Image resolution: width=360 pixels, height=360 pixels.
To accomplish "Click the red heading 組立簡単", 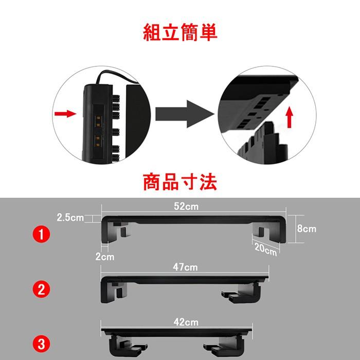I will (x=179, y=32).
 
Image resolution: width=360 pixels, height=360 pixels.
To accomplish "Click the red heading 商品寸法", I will (x=179, y=182).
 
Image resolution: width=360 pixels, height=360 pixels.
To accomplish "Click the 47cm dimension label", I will (x=185, y=267).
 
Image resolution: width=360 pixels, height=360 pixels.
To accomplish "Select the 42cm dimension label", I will (x=185, y=322).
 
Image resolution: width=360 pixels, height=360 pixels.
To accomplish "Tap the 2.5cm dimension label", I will (x=70, y=218).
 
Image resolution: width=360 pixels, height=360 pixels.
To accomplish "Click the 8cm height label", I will (x=307, y=228).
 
